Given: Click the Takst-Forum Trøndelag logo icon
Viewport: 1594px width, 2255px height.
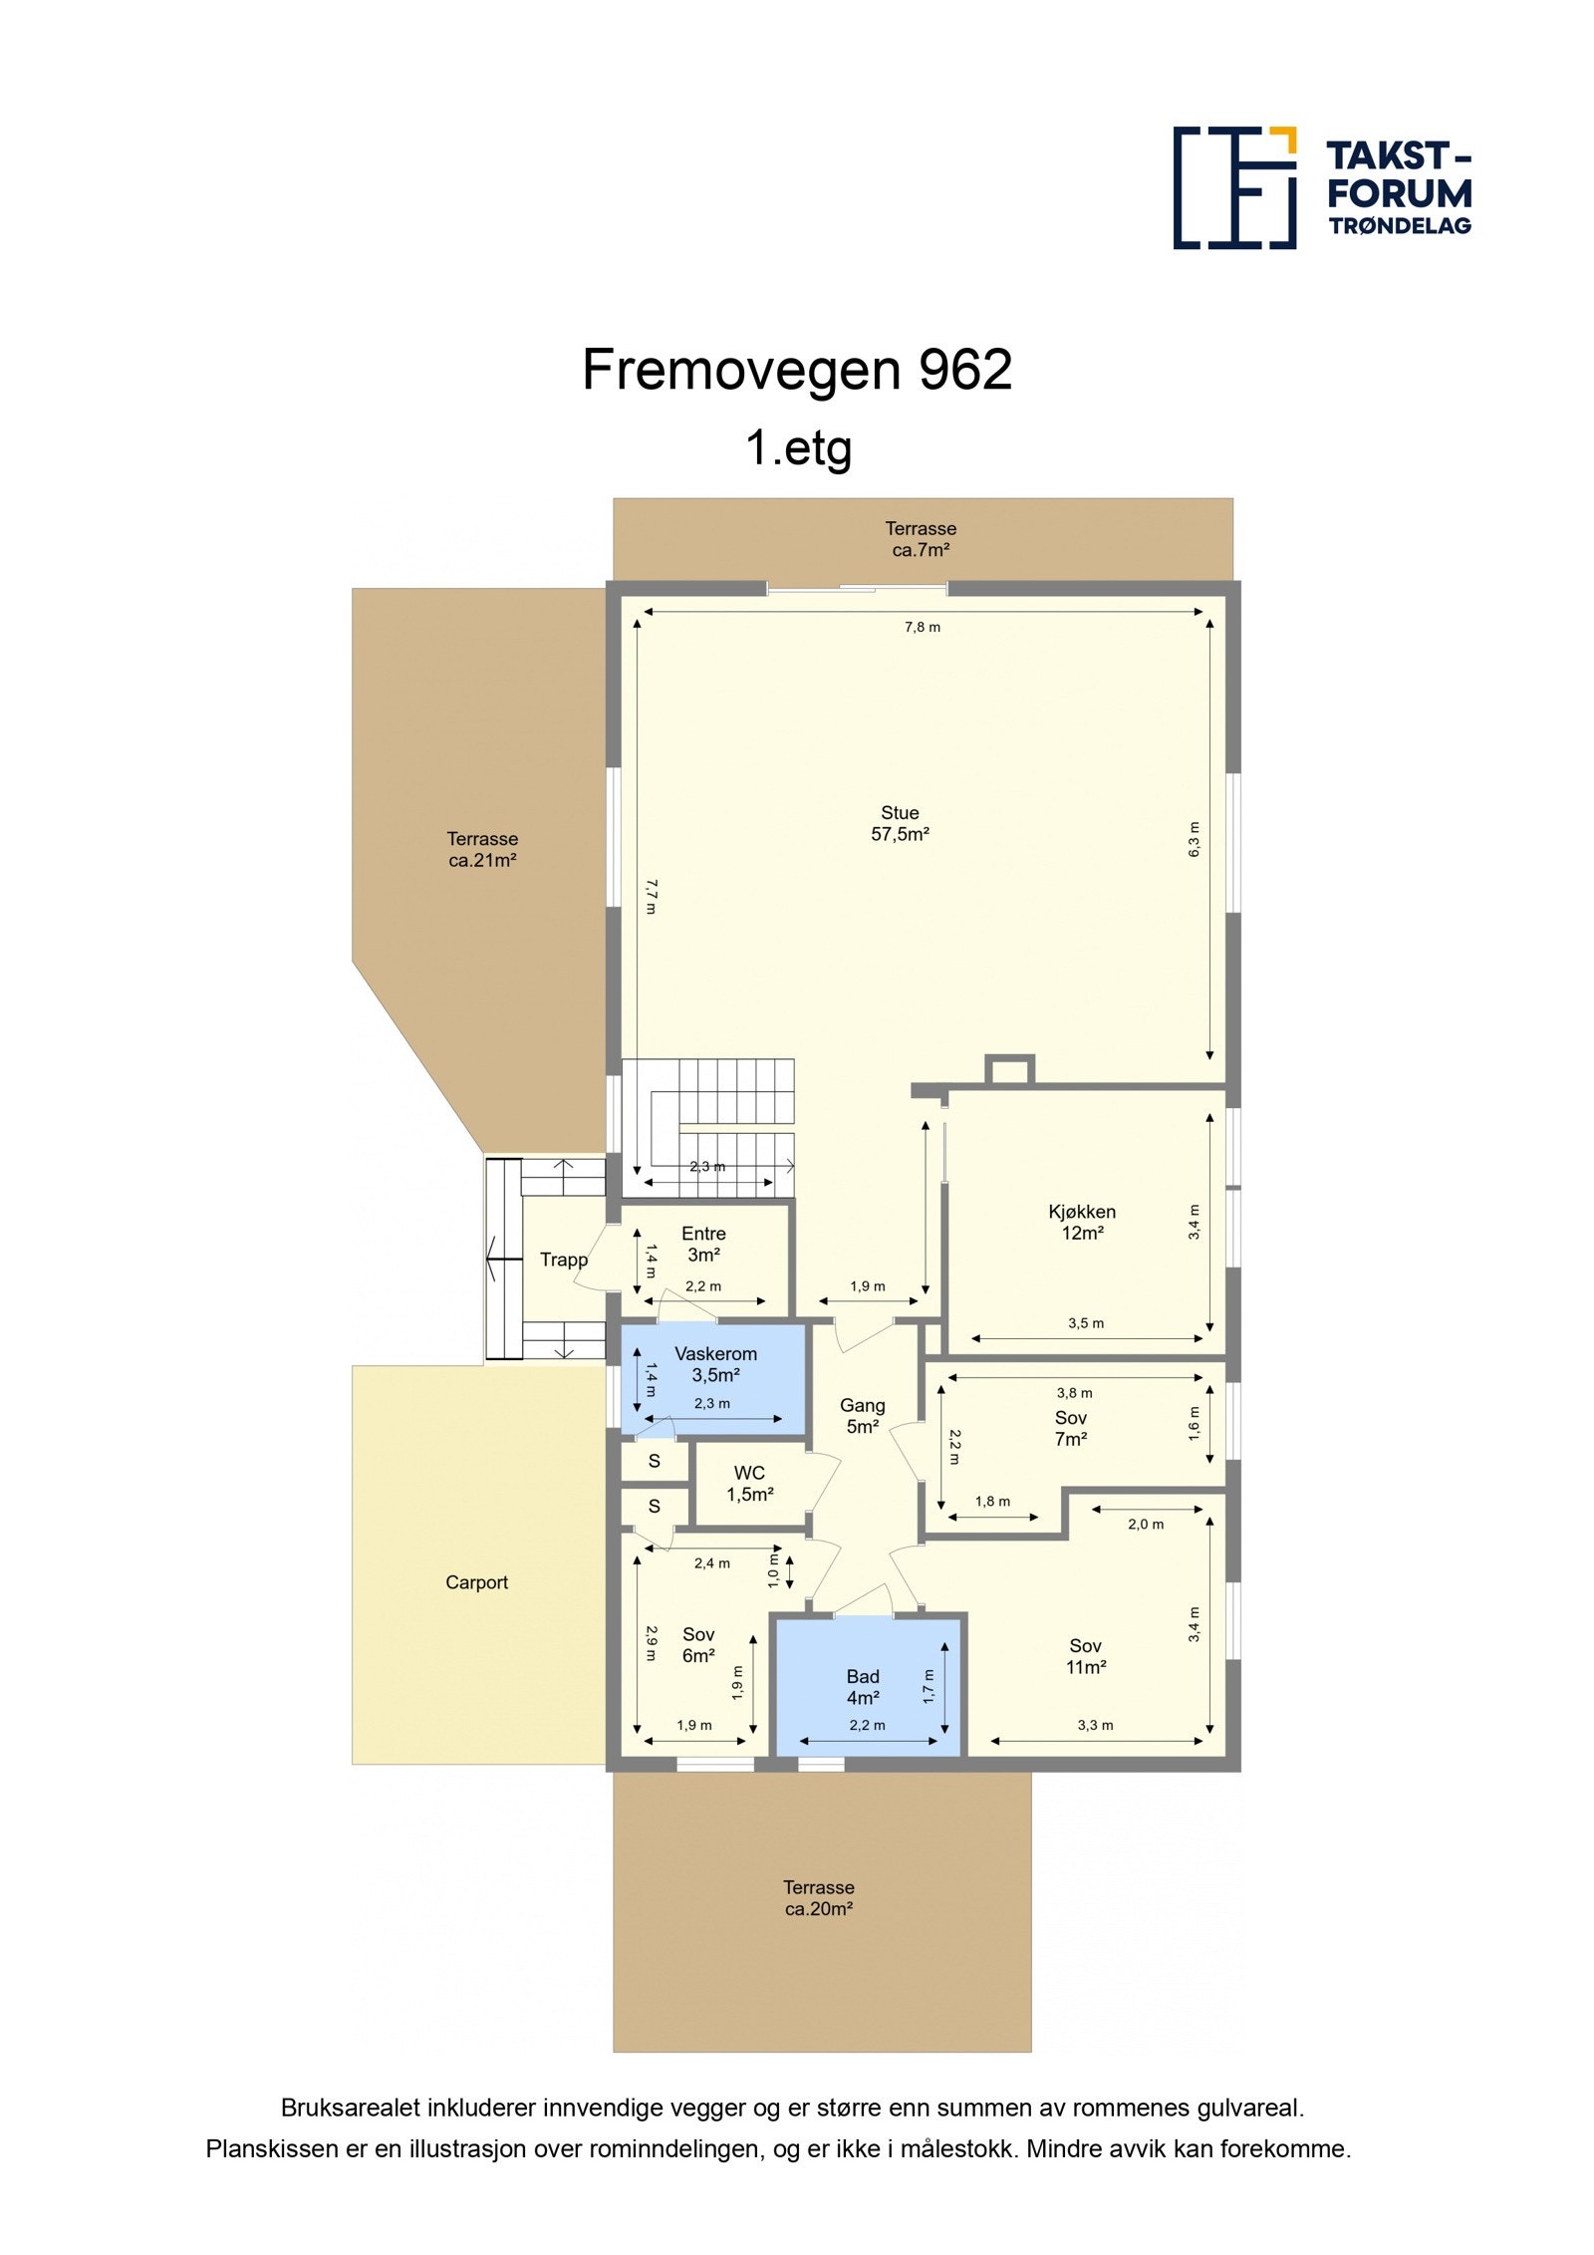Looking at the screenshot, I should point(1233,187).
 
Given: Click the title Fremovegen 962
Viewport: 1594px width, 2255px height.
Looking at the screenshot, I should point(796,370).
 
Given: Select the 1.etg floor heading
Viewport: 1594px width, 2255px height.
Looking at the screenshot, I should point(798,447).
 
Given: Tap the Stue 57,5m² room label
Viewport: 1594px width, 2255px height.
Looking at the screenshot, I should point(900,824).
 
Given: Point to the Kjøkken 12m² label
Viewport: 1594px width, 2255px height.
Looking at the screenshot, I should point(1081,1222).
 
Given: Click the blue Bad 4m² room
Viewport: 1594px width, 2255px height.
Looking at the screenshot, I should point(863,1687).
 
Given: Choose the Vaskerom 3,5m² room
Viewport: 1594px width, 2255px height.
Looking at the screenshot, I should point(715,1364).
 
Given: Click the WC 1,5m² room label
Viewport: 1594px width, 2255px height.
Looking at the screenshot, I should point(749,1483).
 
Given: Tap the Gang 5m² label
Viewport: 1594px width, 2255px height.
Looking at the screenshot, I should point(862,1415).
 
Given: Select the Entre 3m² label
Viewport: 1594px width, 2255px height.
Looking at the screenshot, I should point(703,1244).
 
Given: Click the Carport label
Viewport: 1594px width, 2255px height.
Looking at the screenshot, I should point(476,1582).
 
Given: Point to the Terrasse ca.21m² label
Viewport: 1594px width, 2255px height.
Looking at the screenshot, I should point(482,849).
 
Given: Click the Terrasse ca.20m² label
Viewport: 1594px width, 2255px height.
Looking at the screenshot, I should point(819,1898).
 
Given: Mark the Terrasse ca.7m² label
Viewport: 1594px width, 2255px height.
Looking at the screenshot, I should point(921,539).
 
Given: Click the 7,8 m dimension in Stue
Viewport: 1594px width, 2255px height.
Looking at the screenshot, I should point(922,627).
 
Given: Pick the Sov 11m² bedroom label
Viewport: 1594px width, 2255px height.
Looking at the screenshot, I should point(1085,1656).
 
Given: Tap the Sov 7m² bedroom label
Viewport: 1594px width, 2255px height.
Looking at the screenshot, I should point(1071,1428).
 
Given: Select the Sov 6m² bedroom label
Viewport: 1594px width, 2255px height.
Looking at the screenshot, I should point(698,1644).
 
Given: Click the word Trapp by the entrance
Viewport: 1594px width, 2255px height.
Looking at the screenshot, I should point(564,1260).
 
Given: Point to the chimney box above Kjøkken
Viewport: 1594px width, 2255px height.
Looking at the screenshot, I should point(1009,1070).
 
